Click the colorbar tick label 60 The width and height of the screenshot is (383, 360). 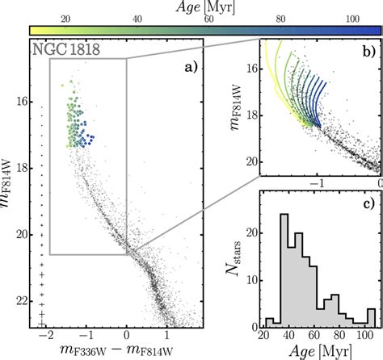pyautogui.click(x=210, y=19)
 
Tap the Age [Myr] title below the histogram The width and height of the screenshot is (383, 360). pyautogui.click(x=320, y=350)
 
